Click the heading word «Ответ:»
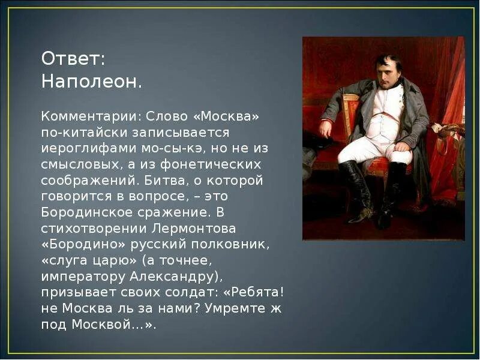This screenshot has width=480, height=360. [x=73, y=59]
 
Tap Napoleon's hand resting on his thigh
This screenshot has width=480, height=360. [x=326, y=128]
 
